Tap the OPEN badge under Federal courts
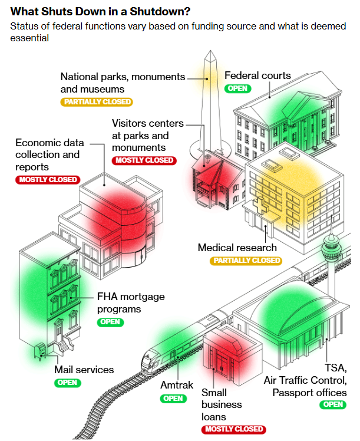tap(237, 88)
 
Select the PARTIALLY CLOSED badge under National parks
tap(97, 102)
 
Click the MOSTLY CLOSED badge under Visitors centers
tap(144, 160)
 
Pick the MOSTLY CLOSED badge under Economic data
tap(47, 180)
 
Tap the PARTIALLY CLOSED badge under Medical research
tap(247, 261)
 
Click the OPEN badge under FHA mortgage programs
tap(110, 322)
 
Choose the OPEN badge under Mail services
tap(67, 383)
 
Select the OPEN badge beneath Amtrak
tap(173, 398)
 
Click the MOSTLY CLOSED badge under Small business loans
tap(233, 429)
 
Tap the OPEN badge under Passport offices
tap(333, 404)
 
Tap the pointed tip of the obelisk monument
tap(208, 54)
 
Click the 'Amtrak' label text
tap(177, 386)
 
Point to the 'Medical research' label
tap(237, 248)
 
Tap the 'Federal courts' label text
tap(257, 75)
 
